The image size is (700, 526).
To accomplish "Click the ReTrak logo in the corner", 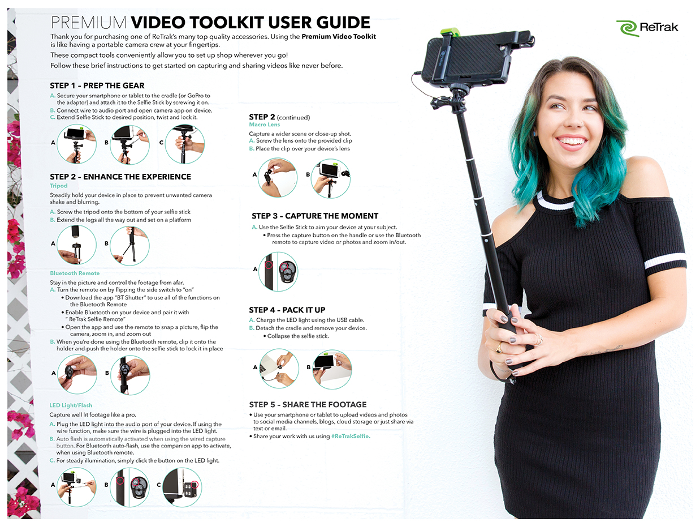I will pos(647,27).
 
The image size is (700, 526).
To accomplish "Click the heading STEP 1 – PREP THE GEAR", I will pos(97,85).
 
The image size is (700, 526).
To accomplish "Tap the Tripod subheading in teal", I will pos(59,186).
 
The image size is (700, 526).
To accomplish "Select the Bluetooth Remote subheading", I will pos(75,273).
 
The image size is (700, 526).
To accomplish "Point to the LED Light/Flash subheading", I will pos(71,405).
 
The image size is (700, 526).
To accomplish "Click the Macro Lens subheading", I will pos(265,125).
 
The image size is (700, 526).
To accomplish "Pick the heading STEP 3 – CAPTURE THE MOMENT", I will pos(315,216).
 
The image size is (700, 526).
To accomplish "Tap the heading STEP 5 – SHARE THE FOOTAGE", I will pos(308,404).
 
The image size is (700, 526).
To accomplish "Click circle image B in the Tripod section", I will pos(129,245).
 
